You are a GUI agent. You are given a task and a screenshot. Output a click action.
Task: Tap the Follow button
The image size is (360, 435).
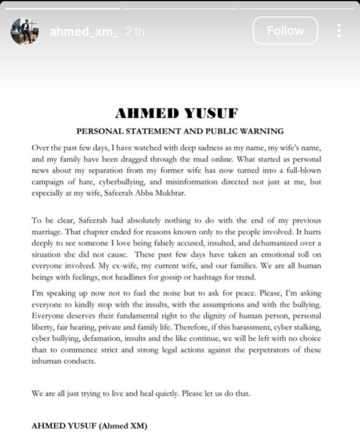pyautogui.click(x=285, y=31)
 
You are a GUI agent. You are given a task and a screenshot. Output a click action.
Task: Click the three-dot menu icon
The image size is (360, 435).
pyautogui.click(x=339, y=31)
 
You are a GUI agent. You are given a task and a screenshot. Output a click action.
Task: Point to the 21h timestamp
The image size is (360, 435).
pyautogui.click(x=135, y=31)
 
